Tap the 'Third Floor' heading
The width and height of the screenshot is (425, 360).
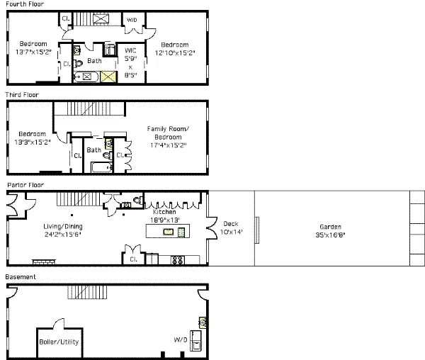22,94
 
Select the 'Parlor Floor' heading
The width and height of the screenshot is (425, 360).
23,184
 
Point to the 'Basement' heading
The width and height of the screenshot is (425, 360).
21,276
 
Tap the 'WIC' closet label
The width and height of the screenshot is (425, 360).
130,50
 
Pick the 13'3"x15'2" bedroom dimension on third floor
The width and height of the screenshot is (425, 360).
33,142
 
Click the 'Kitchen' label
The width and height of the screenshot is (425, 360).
164,212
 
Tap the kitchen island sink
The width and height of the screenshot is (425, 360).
169,232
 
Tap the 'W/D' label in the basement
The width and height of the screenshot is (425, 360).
181,338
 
